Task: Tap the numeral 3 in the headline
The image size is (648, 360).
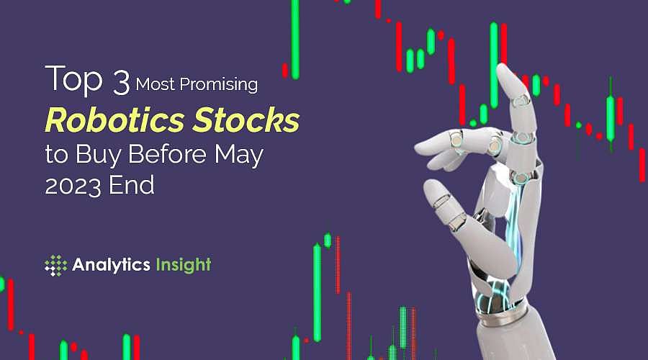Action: coord(120,83)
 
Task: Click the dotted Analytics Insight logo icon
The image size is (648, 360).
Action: coord(55,265)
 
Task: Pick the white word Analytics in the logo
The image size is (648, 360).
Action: coord(111,265)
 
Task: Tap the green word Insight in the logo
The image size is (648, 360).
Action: coord(184,265)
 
